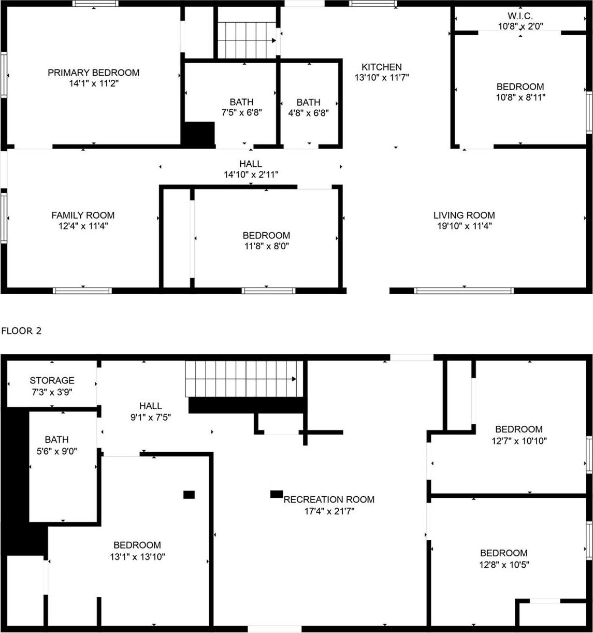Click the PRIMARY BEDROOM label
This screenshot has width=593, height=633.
click(94, 73)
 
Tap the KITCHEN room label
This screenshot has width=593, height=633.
click(381, 67)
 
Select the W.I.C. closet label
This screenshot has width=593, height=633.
click(520, 15)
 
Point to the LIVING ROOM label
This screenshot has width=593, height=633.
click(464, 215)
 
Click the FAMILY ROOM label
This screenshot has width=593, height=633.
click(83, 215)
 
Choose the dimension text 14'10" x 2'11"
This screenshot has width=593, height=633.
click(251, 175)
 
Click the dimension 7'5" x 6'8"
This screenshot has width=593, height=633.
click(241, 112)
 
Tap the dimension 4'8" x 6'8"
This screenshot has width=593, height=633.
click(308, 112)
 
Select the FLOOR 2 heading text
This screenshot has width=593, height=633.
click(21, 331)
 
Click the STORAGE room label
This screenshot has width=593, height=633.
click(52, 380)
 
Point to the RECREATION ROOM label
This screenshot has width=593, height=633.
click(329, 499)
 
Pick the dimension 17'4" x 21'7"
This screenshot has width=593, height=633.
click(329, 511)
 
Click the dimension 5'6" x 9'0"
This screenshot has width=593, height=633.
click(56, 451)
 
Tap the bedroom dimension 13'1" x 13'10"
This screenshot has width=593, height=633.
click(137, 557)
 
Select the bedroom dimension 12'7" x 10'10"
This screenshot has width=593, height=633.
click(518, 441)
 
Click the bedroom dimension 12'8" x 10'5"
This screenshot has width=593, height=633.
click(503, 565)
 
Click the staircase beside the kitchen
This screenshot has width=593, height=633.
click(247, 40)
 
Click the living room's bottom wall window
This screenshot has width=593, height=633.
click(464, 291)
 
